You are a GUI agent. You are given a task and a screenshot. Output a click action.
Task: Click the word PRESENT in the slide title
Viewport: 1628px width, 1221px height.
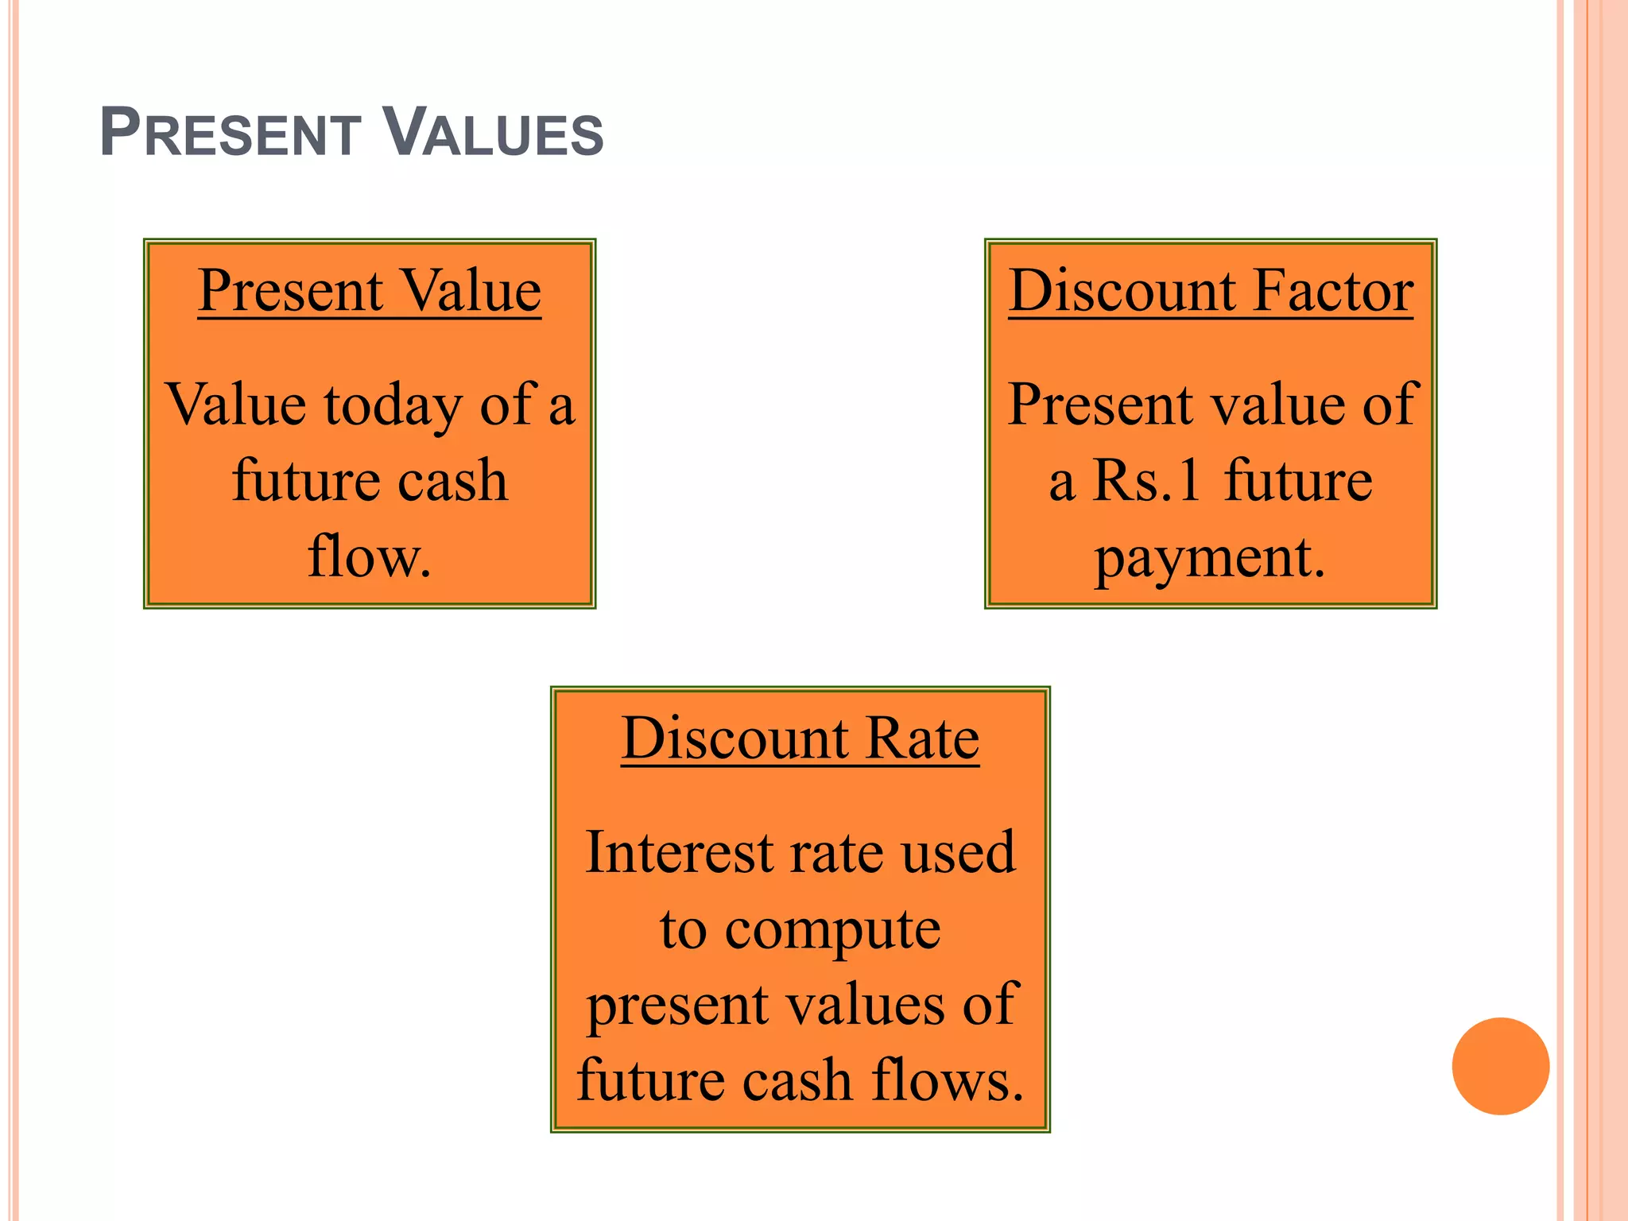(x=231, y=133)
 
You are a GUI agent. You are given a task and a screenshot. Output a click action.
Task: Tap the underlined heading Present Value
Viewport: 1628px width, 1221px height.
(x=369, y=291)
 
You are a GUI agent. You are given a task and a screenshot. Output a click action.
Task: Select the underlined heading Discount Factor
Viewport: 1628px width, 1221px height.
(x=1210, y=291)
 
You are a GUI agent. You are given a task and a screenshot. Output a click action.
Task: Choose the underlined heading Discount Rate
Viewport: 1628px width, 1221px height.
(x=800, y=738)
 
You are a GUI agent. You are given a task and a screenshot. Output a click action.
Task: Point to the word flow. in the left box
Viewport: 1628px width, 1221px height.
(x=369, y=556)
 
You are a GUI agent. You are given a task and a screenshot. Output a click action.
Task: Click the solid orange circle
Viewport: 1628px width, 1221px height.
(x=1500, y=1066)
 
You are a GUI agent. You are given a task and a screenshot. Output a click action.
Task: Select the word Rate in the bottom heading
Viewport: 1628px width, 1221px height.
(x=922, y=738)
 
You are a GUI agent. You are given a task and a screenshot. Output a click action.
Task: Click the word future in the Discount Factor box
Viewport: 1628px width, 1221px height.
(x=1297, y=481)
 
